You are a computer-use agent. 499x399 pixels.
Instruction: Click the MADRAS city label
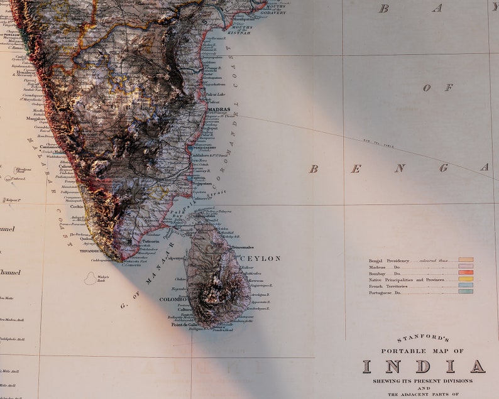tap(218, 109)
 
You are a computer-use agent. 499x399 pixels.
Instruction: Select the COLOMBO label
tap(173, 300)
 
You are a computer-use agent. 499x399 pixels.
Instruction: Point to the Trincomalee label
tap(243, 248)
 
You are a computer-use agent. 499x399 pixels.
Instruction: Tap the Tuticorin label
tap(150, 241)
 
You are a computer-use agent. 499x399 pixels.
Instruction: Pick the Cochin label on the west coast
tap(77, 206)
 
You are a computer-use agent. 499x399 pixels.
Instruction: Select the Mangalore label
tap(36, 118)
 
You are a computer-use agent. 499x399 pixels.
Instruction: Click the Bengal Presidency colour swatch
tap(466, 260)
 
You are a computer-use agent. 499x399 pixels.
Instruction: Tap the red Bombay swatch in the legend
tap(466, 273)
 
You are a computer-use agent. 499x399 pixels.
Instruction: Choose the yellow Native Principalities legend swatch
tap(466, 279)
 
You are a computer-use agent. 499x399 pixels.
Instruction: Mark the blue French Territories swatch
tap(466, 285)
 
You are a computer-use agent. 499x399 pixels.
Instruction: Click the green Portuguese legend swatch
tap(466, 292)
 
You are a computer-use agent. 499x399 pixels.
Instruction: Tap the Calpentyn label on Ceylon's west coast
tap(175, 258)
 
